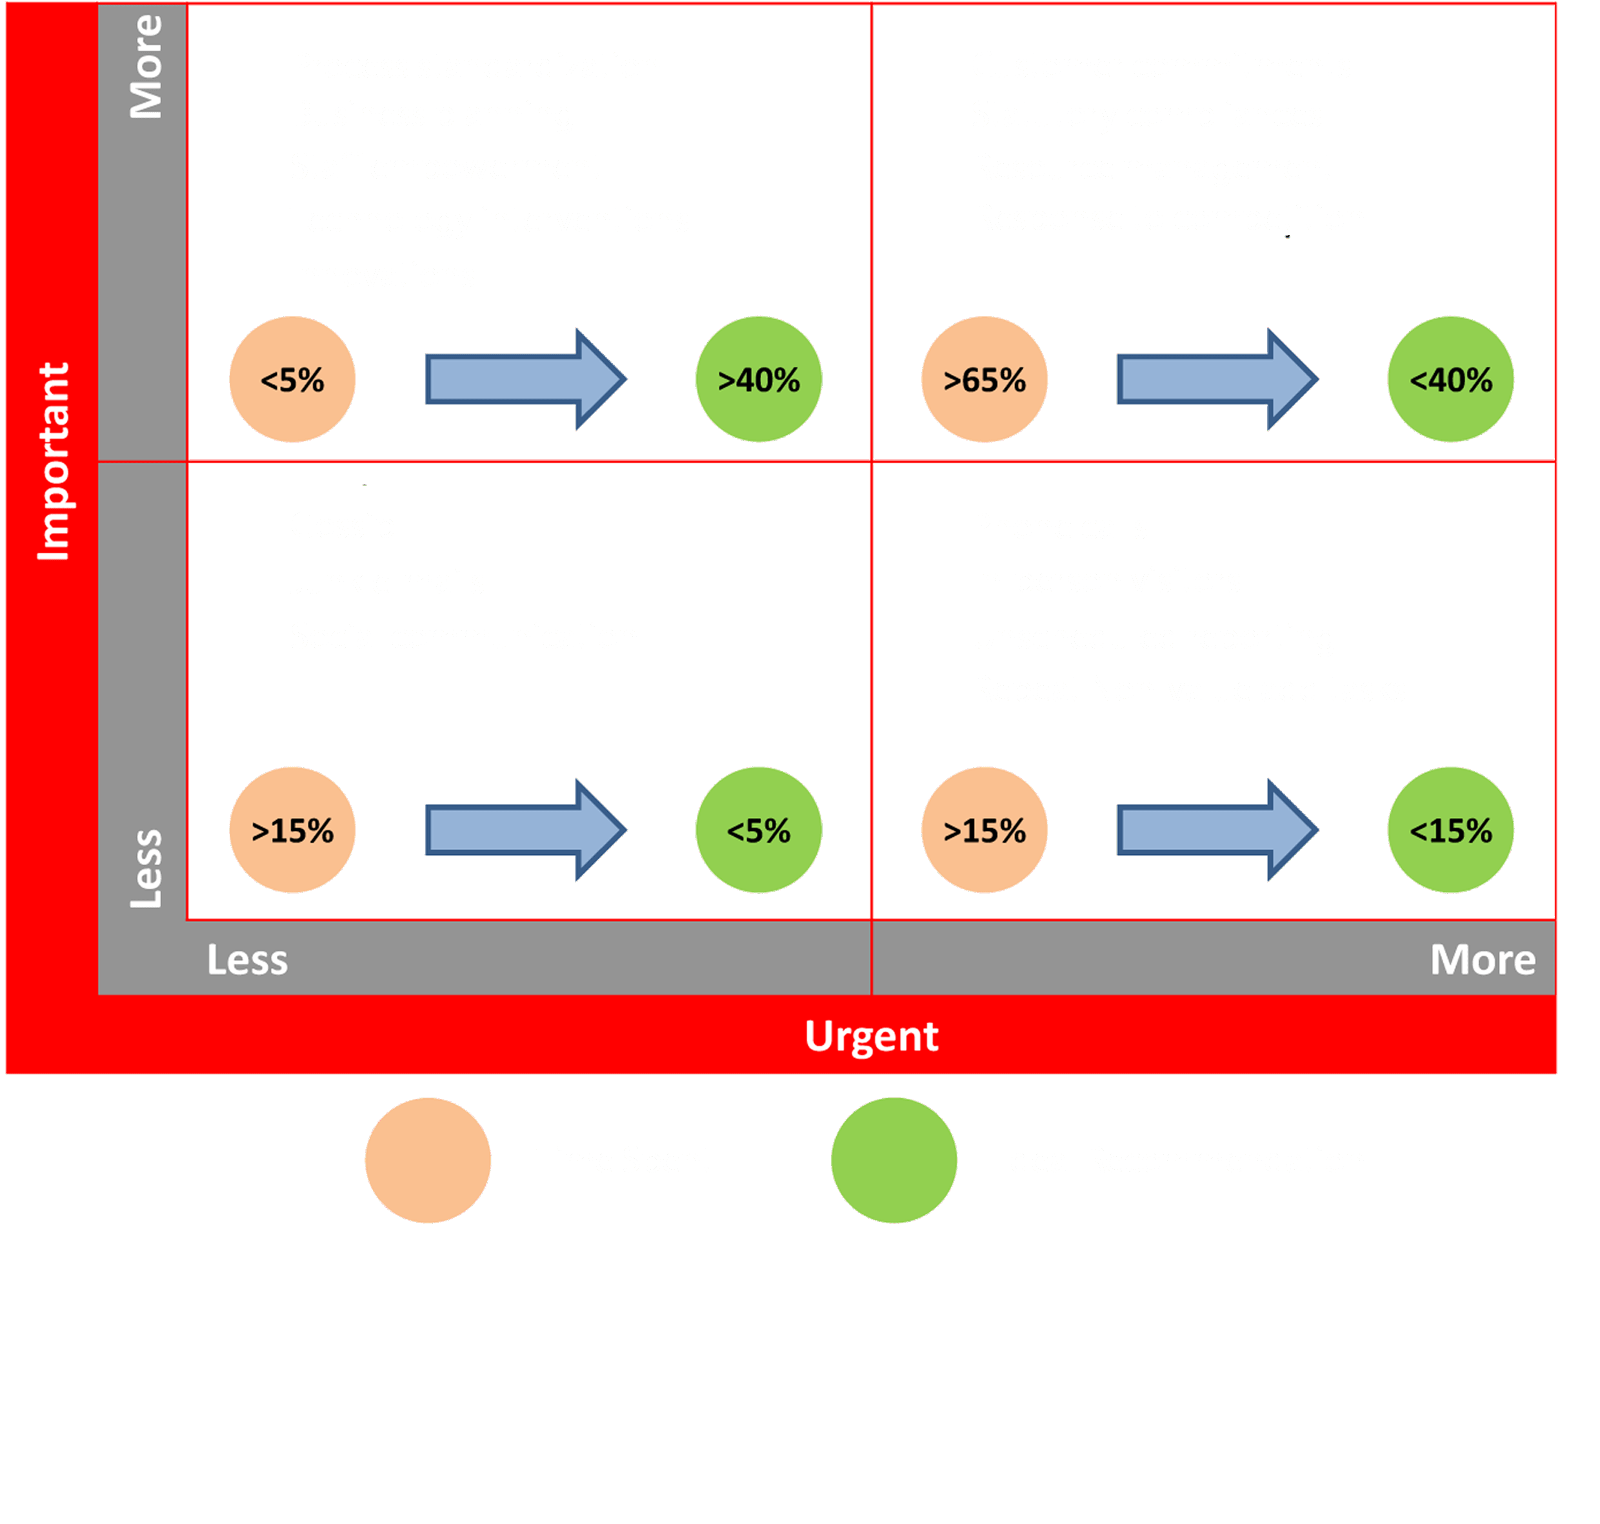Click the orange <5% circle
coord(292,379)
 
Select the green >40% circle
coord(759,379)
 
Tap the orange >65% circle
coord(985,379)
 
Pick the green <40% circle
coord(1450,379)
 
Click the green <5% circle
coord(759,830)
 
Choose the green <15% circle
coord(1450,830)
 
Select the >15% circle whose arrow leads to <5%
coord(292,830)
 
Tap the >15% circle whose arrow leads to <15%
coord(985,830)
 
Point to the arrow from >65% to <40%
coord(1217,379)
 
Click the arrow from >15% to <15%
coord(1217,830)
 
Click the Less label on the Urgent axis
coord(247,960)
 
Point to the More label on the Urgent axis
coord(1483,960)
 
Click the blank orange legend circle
coord(428,1160)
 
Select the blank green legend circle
coord(894,1160)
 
